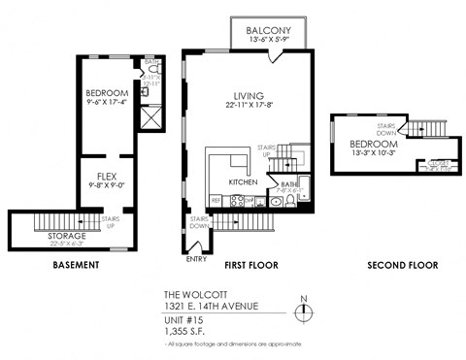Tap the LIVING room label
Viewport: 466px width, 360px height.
[x=249, y=94]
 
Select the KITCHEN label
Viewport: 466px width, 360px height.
[x=242, y=181]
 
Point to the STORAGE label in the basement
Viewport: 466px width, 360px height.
[x=67, y=235]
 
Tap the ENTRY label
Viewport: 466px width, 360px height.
[x=194, y=259]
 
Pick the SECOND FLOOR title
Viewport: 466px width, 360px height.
[x=402, y=265]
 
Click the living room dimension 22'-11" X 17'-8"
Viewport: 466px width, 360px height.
[x=249, y=105]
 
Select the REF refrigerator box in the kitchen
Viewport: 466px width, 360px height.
[x=216, y=201]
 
